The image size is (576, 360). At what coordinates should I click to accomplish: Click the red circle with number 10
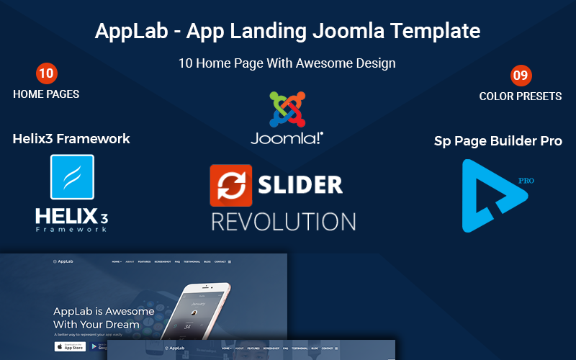[x=46, y=73]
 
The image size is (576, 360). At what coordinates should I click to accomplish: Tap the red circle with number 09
[x=520, y=74]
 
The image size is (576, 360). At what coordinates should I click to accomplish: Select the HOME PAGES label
[x=46, y=94]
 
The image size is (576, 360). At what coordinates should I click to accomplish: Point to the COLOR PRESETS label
[x=520, y=96]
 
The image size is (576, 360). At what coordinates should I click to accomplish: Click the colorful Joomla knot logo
[x=287, y=108]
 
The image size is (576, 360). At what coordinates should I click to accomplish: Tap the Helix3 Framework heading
[x=71, y=139]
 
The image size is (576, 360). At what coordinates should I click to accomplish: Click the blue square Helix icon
[x=72, y=176]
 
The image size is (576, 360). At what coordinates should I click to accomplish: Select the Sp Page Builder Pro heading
[x=498, y=141]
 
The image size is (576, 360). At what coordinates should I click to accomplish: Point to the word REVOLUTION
[x=283, y=220]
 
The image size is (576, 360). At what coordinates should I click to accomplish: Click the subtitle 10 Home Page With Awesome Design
[x=287, y=63]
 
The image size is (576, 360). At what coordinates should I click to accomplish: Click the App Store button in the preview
[x=70, y=346]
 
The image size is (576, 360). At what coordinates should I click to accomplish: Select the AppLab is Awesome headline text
[x=104, y=312]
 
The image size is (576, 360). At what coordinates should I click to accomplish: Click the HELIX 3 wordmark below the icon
[x=71, y=216]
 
